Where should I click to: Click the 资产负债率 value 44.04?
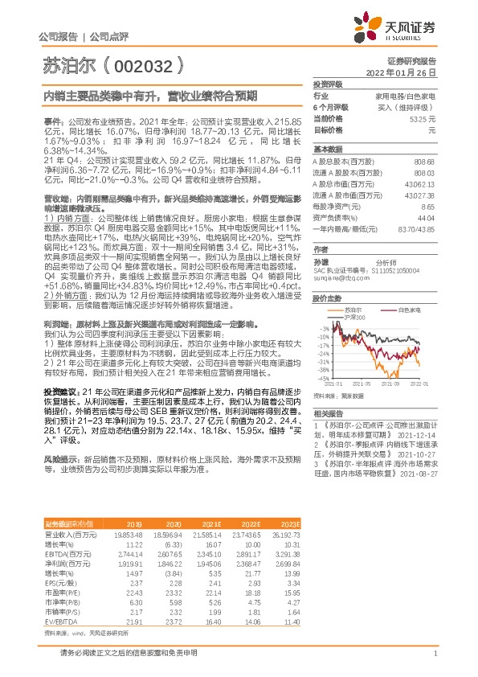tap(427, 217)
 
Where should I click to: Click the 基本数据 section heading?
tap(327, 150)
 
